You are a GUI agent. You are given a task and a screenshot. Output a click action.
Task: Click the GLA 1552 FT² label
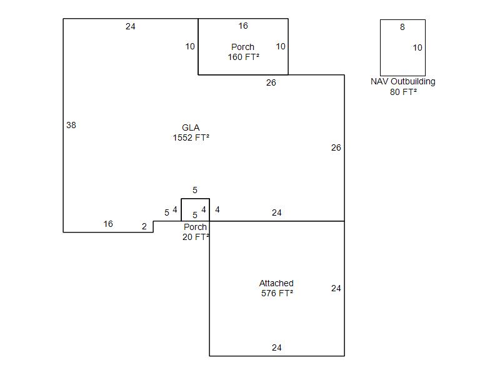(191, 132)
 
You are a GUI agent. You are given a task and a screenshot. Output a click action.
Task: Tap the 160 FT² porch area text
(243, 57)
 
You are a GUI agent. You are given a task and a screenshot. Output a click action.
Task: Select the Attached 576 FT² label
(276, 288)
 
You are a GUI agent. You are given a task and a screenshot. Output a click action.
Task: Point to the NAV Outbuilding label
(402, 82)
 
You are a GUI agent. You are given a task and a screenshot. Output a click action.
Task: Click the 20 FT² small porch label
(196, 237)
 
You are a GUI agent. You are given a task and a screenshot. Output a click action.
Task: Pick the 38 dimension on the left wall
(71, 126)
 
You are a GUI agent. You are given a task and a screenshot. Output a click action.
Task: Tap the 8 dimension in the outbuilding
(402, 27)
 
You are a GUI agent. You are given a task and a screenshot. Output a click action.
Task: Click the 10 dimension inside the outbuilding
(417, 48)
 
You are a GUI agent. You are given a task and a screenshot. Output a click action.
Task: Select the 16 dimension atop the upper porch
(243, 26)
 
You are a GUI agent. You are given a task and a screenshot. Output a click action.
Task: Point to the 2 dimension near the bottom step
(144, 226)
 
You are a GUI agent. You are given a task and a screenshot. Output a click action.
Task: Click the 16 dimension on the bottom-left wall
(108, 224)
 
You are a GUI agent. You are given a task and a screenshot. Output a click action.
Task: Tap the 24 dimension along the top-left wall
(131, 26)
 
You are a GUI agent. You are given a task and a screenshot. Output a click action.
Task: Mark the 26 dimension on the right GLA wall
(336, 147)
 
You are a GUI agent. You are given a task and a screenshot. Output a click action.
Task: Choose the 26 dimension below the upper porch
(271, 83)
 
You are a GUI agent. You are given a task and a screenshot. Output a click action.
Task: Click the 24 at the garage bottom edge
(277, 347)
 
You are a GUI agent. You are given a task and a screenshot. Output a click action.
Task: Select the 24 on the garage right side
(336, 288)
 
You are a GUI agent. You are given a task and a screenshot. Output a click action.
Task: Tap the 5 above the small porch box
(195, 191)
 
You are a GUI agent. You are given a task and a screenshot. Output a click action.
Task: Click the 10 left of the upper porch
(190, 46)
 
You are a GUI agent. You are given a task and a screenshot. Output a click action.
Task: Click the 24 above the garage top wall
(277, 212)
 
